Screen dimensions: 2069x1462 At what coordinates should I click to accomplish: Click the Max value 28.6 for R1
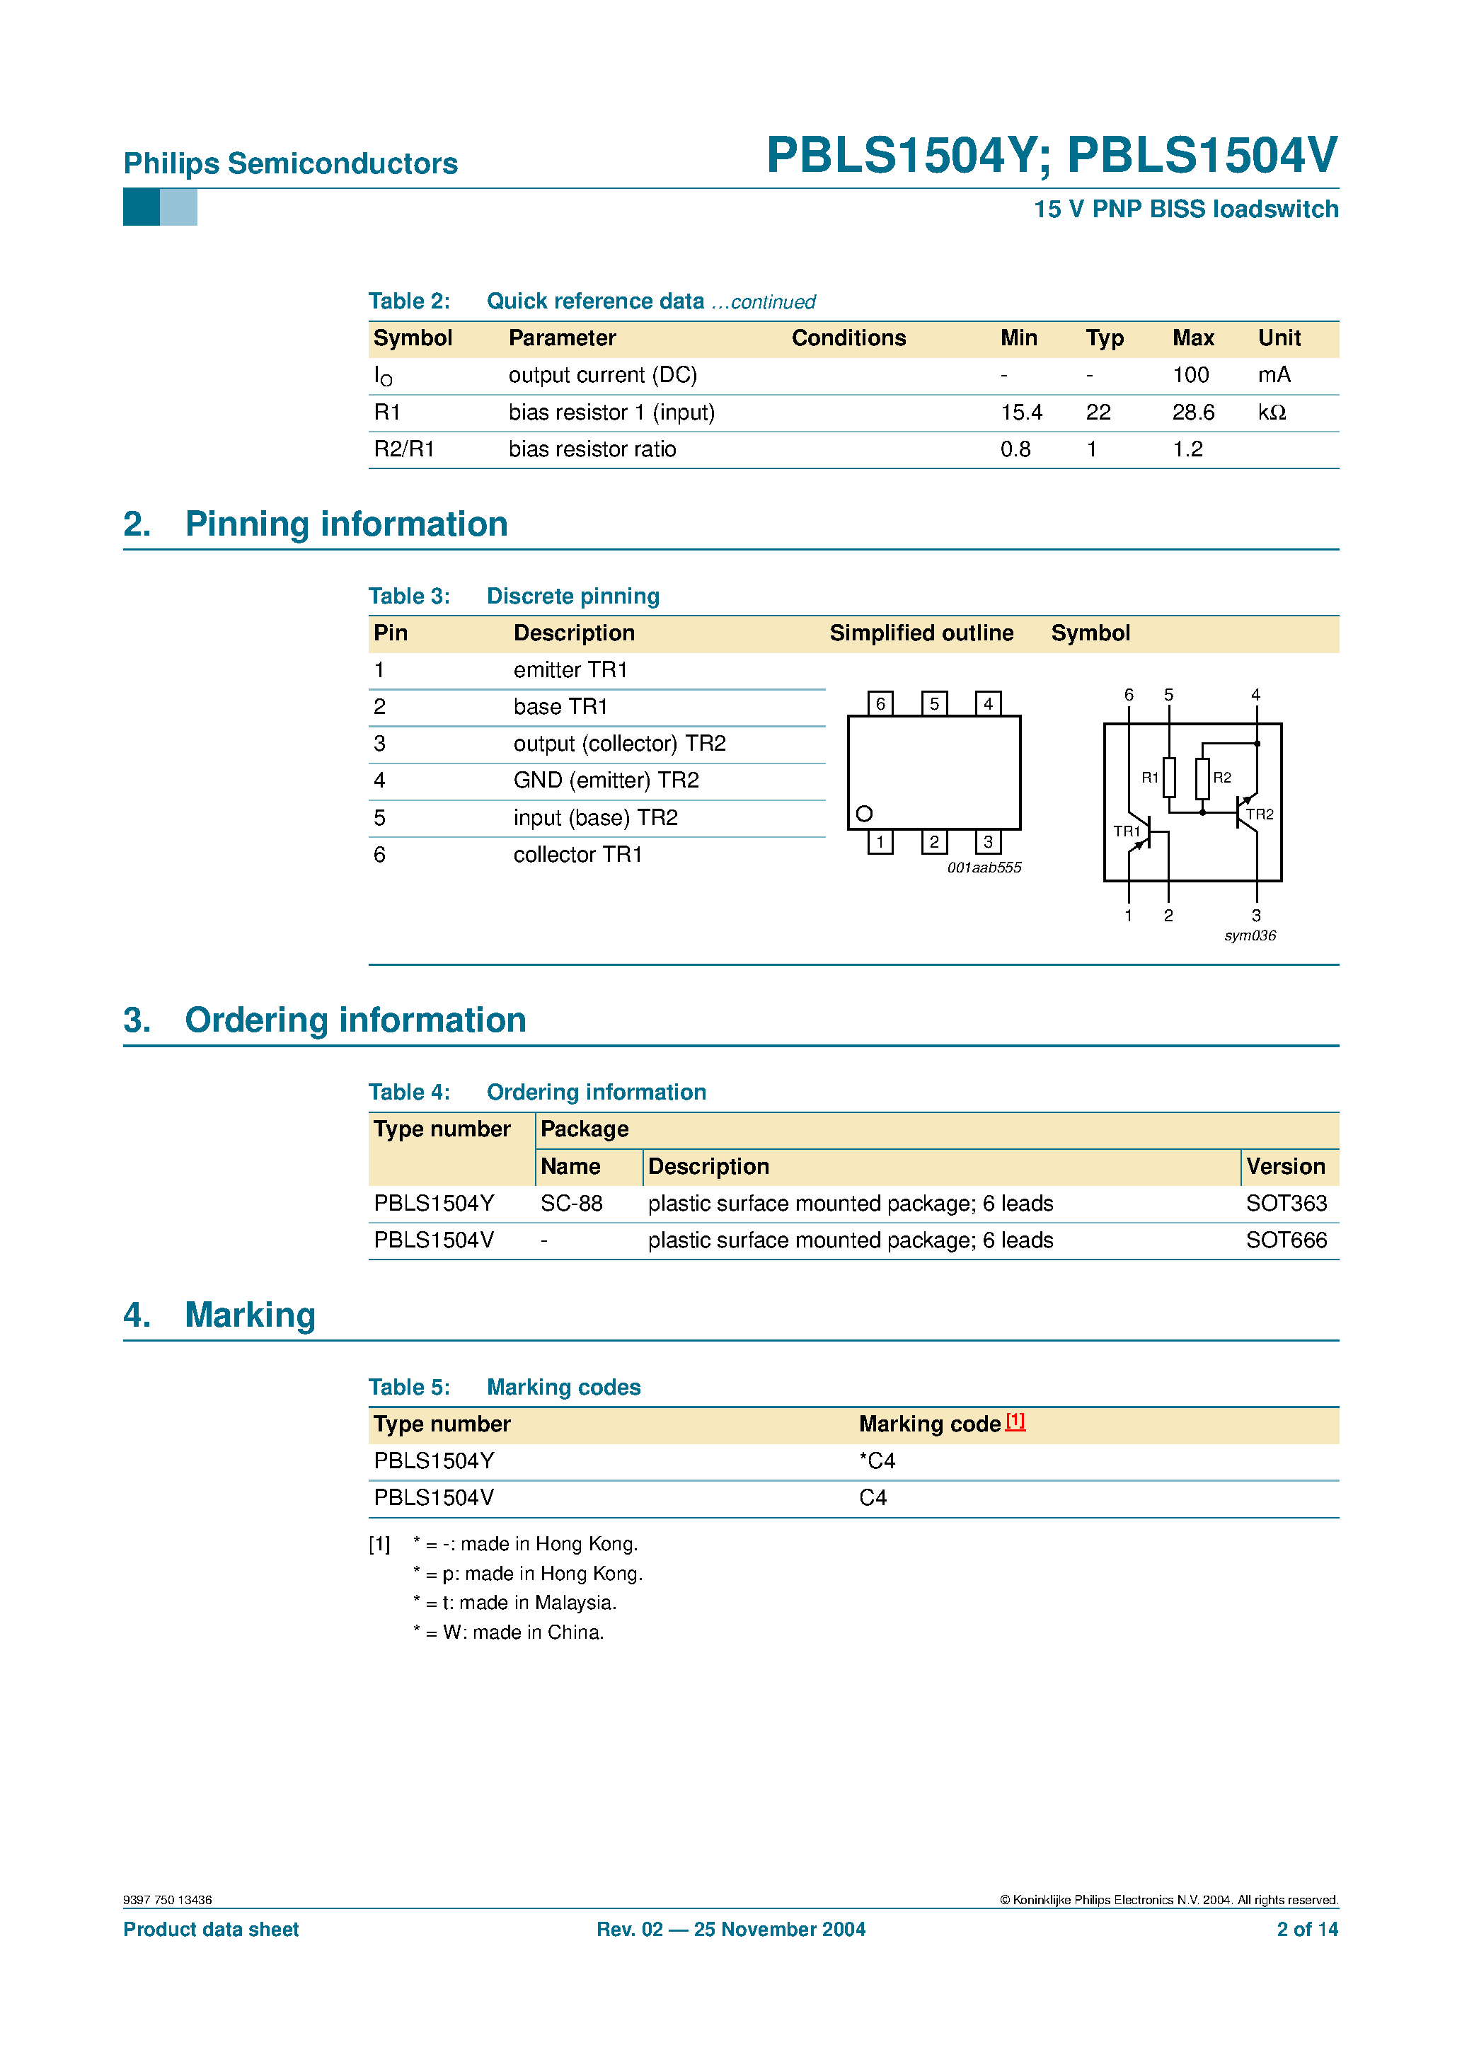coord(1192,413)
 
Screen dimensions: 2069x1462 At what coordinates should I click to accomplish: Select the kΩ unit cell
coord(1271,413)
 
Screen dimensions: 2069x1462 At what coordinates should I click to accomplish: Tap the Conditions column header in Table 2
coord(848,338)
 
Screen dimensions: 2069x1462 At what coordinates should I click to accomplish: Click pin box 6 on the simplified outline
coord(880,703)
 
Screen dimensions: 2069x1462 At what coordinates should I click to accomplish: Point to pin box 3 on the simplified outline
coord(988,841)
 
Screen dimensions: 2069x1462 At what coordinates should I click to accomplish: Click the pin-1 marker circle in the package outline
coord(863,814)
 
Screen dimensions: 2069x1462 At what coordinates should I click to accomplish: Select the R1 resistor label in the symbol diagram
coord(1149,778)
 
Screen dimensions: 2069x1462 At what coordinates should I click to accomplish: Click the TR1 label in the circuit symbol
coord(1126,831)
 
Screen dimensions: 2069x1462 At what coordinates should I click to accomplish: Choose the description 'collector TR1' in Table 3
coord(577,854)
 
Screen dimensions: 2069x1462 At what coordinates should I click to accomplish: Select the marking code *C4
coord(877,1460)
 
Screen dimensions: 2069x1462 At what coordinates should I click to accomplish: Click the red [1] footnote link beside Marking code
coord(1015,1421)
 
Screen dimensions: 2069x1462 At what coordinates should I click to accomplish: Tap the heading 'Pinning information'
coord(346,524)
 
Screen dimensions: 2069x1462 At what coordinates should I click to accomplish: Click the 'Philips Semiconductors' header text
coord(290,163)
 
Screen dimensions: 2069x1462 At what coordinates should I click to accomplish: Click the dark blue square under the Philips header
coord(142,207)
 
